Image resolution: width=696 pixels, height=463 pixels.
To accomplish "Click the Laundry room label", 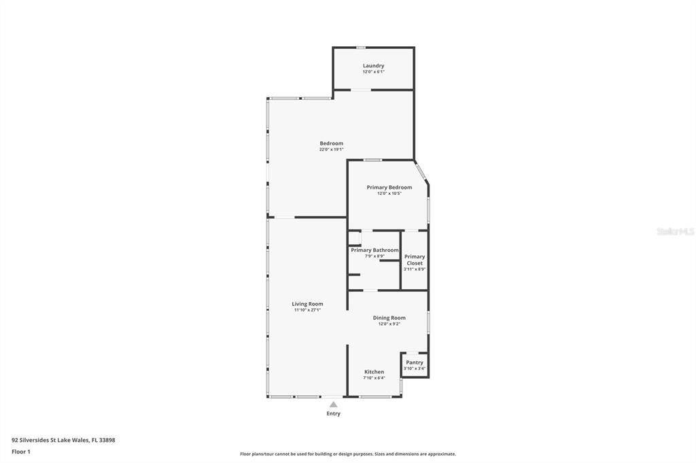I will [373, 66].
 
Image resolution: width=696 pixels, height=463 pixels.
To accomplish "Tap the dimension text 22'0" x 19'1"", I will [332, 149].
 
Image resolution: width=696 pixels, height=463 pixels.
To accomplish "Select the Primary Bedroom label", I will [389, 187].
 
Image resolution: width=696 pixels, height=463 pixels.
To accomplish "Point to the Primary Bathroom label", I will [375, 250].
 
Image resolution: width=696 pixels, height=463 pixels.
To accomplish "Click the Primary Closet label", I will [415, 259].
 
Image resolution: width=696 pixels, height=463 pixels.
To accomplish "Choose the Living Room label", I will [307, 303].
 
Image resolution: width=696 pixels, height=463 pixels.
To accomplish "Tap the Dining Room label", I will [389, 318].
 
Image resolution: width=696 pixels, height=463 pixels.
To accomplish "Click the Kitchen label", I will [374, 371].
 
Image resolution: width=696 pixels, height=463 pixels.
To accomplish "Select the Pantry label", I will [415, 363].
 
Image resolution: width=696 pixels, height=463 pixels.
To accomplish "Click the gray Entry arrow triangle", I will [333, 405].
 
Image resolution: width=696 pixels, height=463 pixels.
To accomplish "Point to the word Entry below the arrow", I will [333, 413].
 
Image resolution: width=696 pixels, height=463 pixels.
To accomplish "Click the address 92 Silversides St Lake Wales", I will [63, 440].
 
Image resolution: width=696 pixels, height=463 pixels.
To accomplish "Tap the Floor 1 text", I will [21, 451].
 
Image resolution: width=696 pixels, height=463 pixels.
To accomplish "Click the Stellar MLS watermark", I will [675, 231].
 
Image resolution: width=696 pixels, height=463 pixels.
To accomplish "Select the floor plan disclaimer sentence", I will [347, 454].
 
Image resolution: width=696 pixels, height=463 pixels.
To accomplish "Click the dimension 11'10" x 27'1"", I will [307, 310].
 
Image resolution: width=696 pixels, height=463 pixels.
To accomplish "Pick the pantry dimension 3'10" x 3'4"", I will [415, 369].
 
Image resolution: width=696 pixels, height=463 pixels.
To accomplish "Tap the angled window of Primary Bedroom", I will [421, 171].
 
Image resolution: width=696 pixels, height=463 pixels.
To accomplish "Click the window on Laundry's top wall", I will [361, 48].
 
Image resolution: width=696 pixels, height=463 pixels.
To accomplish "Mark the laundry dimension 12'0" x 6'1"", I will [373, 72].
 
